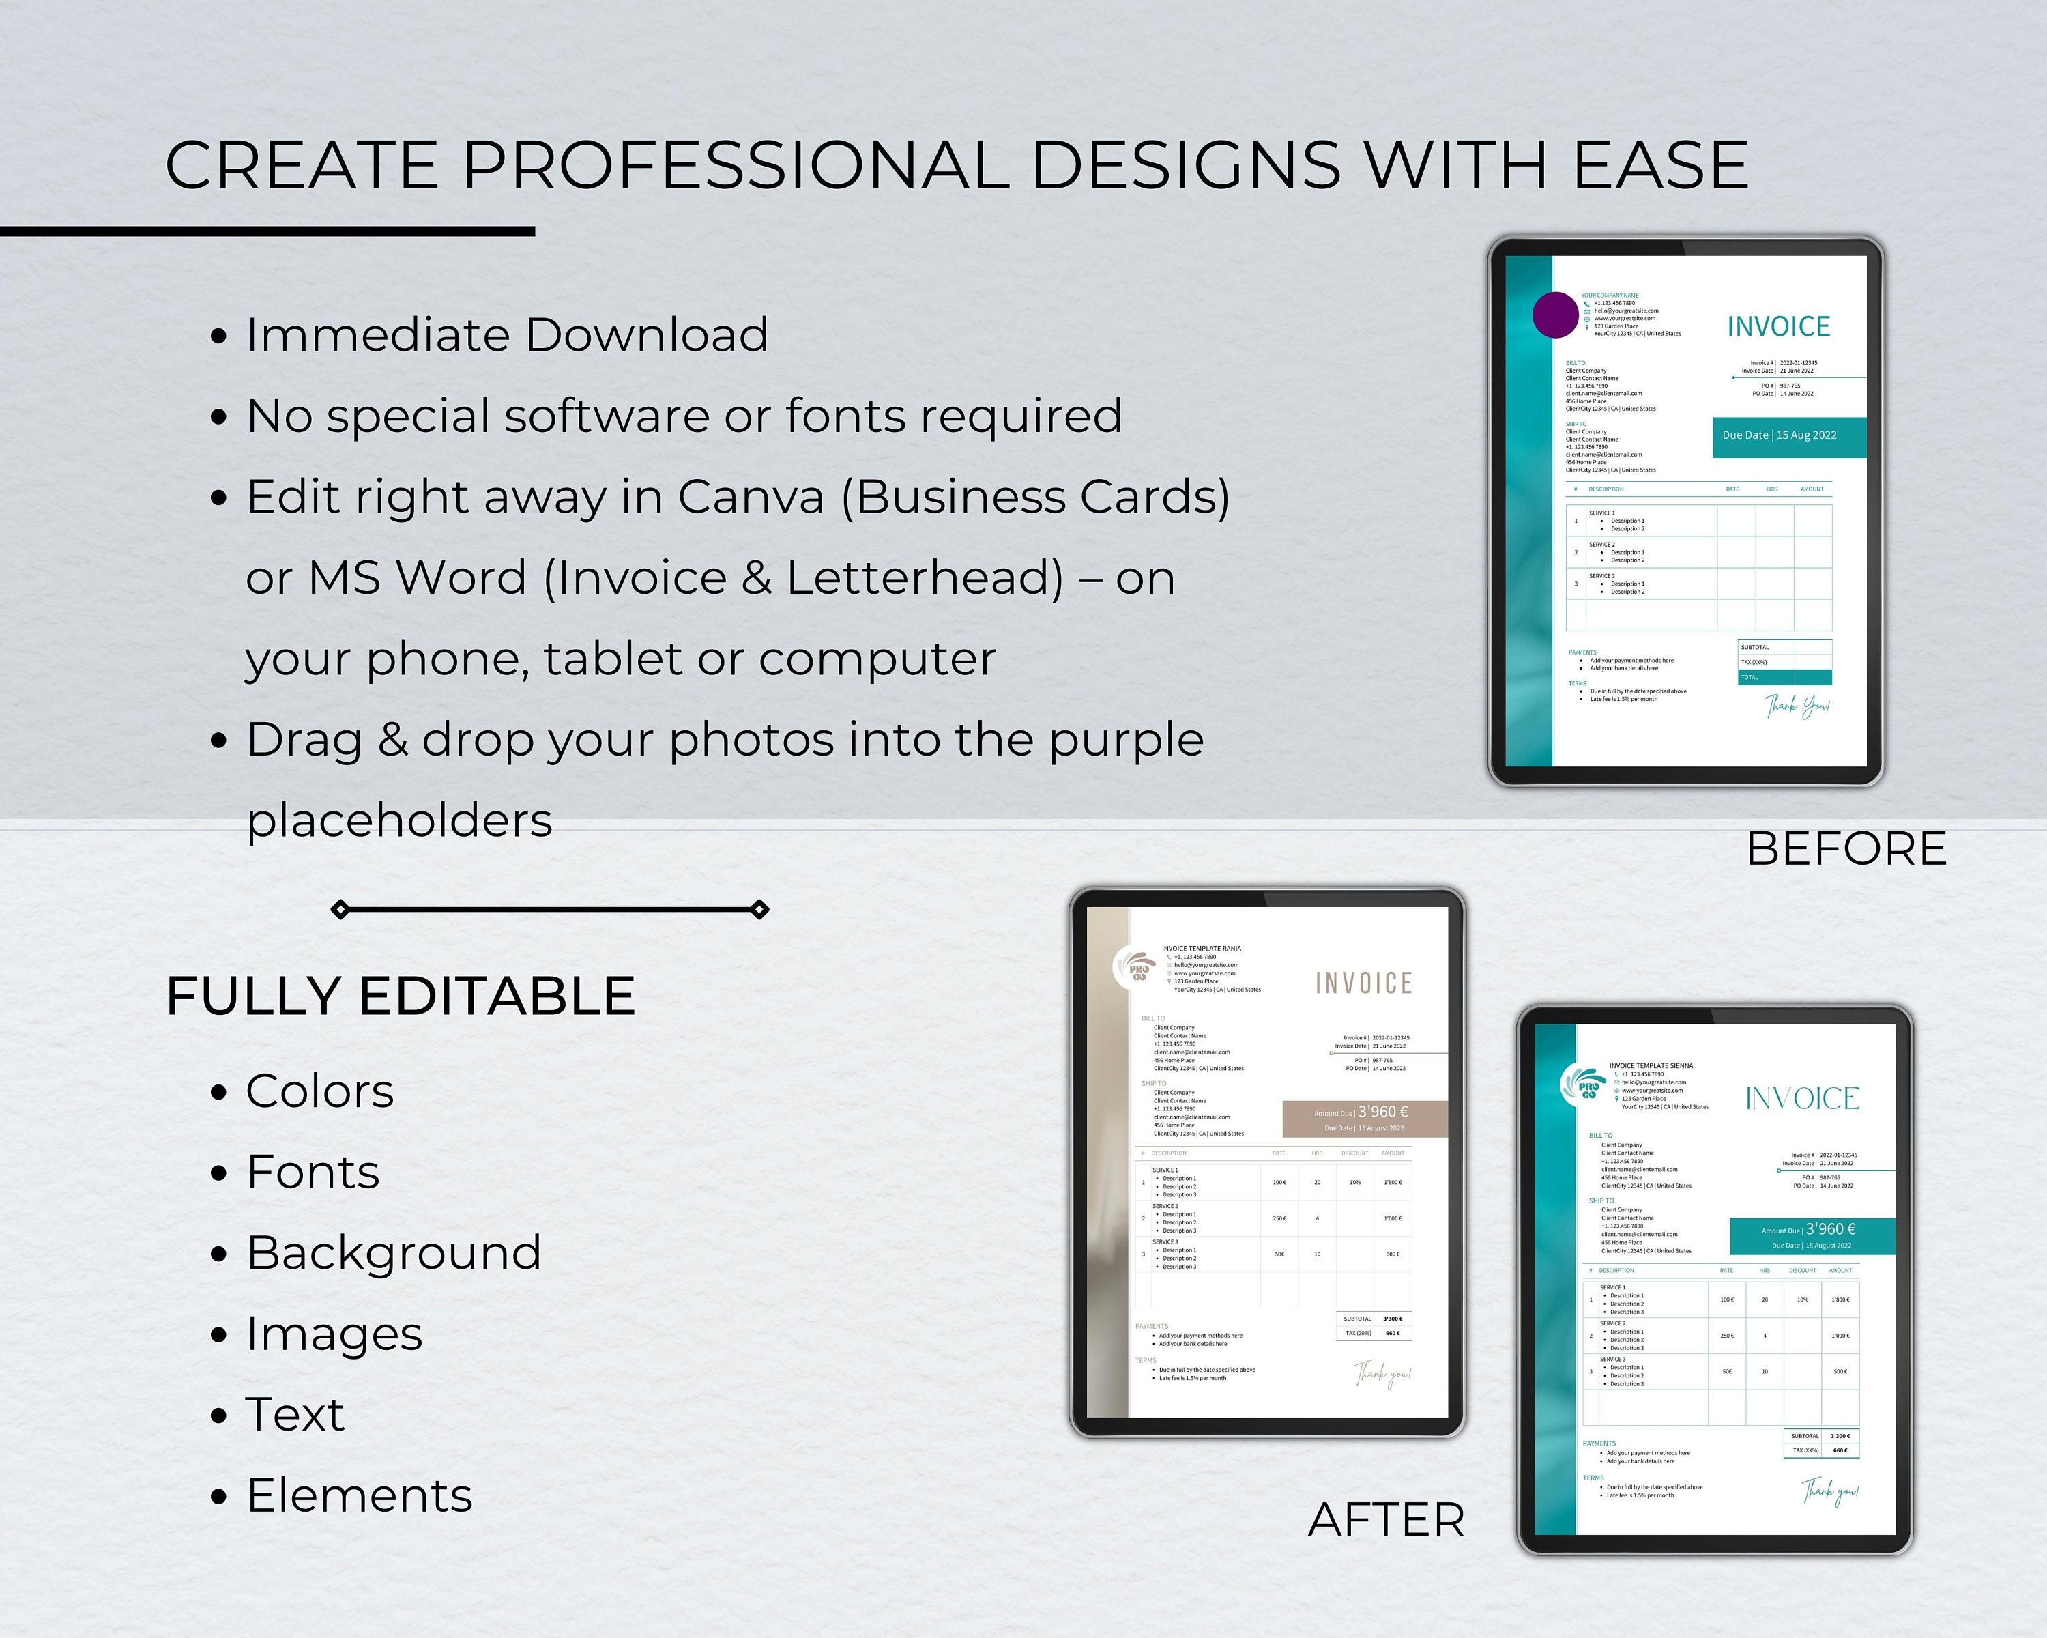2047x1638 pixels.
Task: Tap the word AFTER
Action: (1387, 1519)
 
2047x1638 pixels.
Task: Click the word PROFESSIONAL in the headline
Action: (736, 165)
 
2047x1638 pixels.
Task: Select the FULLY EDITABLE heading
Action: (401, 996)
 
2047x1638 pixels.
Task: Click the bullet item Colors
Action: (320, 1091)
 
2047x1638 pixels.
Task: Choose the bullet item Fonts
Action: (313, 1172)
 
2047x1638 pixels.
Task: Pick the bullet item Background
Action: (394, 1252)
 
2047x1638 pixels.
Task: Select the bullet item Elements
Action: (360, 1495)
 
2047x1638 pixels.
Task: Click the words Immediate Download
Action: (507, 334)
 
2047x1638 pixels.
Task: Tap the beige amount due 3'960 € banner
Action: (1365, 1119)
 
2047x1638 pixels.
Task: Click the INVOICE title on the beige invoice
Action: (1363, 983)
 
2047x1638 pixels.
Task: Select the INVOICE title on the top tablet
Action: (1778, 327)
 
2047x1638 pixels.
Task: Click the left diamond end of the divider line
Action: (340, 910)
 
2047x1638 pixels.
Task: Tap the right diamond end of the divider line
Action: (759, 910)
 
